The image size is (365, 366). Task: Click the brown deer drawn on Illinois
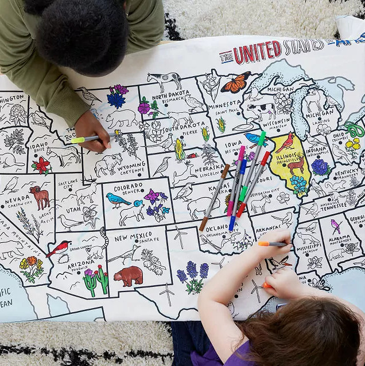(x=296, y=164)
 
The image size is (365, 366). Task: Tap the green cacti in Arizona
(x=95, y=280)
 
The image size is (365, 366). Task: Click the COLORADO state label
(x=128, y=188)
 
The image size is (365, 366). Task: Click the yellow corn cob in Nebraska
(x=179, y=150)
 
